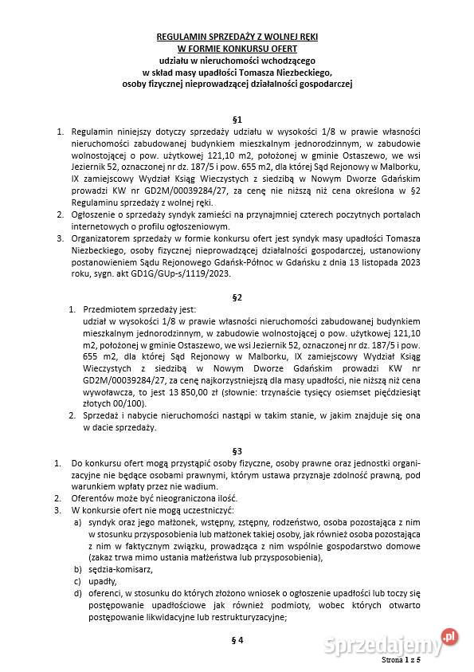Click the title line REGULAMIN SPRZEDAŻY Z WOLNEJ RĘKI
[237, 37]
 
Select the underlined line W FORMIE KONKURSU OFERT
[237, 48]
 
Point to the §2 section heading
[237, 297]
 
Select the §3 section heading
[237, 450]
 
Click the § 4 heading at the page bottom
[237, 639]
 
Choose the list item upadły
[99, 581]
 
